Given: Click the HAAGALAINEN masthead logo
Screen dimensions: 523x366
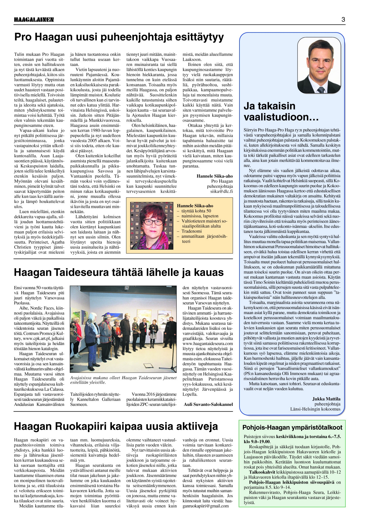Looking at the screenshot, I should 34,20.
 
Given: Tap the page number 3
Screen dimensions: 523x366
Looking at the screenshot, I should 343,19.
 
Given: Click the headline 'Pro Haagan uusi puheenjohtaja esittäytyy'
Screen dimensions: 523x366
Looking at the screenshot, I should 119,37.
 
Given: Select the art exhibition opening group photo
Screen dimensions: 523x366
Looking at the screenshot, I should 123,329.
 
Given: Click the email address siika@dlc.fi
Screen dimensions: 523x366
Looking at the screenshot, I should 221,191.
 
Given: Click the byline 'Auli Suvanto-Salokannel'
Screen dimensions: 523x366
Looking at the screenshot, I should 208,404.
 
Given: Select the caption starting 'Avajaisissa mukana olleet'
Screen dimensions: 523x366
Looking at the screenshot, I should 123,380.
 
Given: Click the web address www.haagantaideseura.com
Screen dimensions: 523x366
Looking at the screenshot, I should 208,343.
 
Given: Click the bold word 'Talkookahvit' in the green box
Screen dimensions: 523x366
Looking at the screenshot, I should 261,472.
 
